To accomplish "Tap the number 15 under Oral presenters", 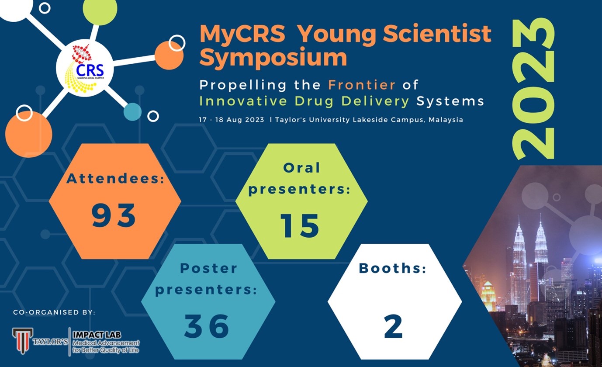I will pos(300,226).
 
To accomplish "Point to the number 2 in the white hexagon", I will pos(393,327).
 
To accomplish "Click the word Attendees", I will pos(115,179).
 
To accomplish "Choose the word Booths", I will pos(392,268).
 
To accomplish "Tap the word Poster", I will pos(209,268).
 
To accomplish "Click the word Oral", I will pos(301,167).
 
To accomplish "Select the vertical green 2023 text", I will pos(534,90).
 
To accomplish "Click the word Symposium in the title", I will pos(273,57).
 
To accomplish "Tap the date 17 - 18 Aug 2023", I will pos(232,120).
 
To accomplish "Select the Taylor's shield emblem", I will pos(22,340).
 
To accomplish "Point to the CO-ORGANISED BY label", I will pos(54,312).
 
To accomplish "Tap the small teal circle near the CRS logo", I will pos(132,112).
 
